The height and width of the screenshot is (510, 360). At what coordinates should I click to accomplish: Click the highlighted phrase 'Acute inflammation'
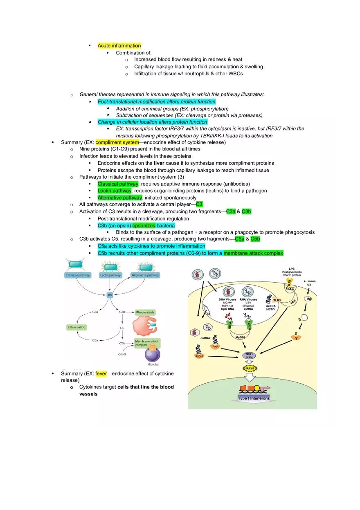(119, 45)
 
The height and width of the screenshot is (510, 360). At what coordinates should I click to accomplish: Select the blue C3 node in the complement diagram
(110, 294)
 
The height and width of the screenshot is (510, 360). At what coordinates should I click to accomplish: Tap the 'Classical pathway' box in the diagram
(78, 276)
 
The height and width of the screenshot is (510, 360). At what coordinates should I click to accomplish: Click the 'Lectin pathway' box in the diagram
(110, 276)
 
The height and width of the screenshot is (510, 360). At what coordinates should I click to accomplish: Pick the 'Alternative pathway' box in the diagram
(145, 276)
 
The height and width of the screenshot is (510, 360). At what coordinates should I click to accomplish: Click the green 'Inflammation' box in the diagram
(76, 327)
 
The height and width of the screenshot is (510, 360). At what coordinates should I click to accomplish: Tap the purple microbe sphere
(153, 354)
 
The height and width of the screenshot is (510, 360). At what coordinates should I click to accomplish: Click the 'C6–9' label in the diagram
(122, 354)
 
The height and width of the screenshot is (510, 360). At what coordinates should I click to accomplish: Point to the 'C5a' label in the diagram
(95, 340)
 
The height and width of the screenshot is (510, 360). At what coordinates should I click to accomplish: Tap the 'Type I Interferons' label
(254, 398)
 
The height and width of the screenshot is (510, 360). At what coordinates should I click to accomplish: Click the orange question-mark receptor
(295, 337)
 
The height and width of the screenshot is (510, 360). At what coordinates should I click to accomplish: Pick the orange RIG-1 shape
(199, 356)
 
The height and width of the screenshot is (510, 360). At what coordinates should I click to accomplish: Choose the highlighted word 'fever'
(101, 373)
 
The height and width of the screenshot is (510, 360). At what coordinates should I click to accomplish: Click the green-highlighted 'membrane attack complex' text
(253, 253)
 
